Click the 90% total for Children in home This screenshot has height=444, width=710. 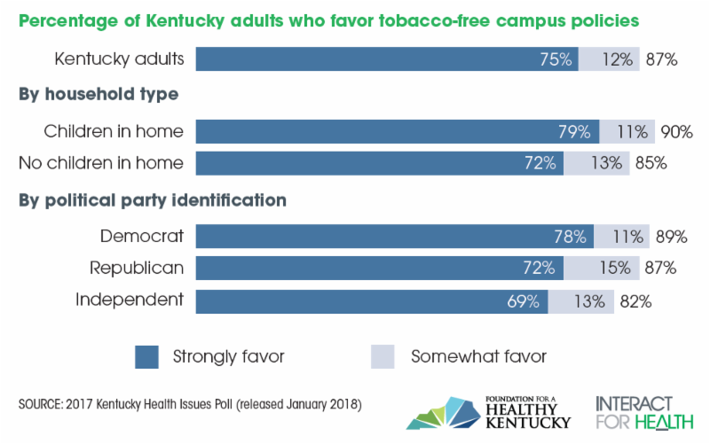click(x=675, y=132)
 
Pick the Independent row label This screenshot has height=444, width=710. click(x=130, y=300)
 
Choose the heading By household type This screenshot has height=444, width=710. click(x=99, y=95)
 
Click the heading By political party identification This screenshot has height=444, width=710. click(x=152, y=200)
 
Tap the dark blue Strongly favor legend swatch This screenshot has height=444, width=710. click(x=146, y=357)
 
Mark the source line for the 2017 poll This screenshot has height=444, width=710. click(x=189, y=405)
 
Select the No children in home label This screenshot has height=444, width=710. click(x=100, y=163)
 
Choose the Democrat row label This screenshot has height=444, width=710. click(x=142, y=236)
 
